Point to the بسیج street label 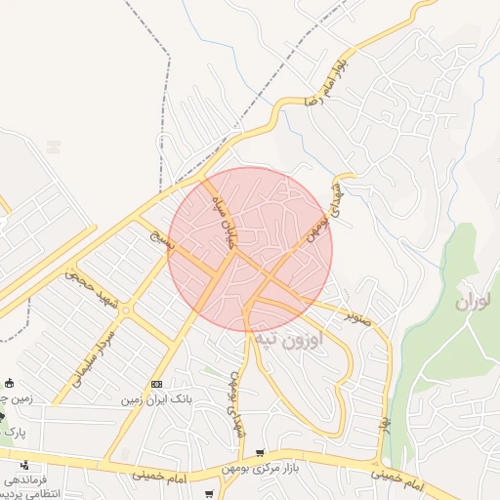point(160,239)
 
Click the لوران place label point(477,302)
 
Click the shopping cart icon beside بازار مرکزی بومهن point(259,453)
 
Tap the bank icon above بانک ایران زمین point(156,383)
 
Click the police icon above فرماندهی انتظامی point(22,464)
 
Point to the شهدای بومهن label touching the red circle point(328,214)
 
